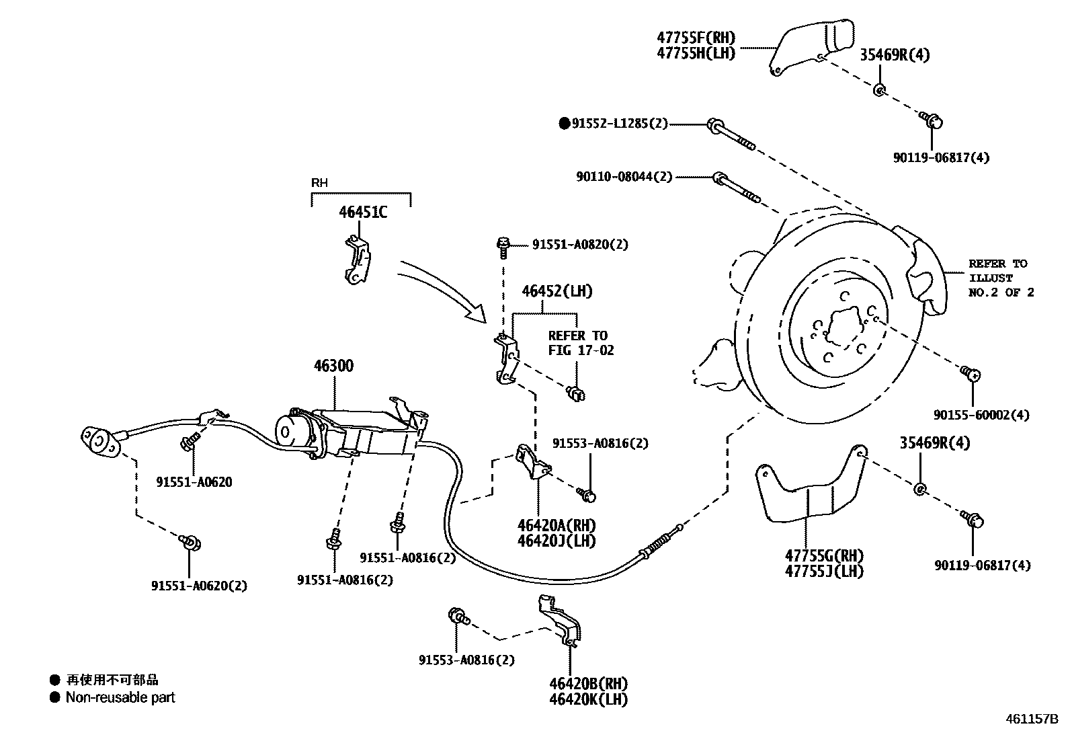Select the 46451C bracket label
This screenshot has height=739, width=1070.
tap(363, 212)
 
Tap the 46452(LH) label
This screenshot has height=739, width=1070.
tap(557, 292)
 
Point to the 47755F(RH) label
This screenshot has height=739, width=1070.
tap(696, 38)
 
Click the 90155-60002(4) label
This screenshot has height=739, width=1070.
tap(981, 416)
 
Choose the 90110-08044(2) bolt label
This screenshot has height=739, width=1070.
tap(624, 177)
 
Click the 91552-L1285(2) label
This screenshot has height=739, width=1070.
tap(620, 124)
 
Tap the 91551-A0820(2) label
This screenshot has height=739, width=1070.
tap(580, 245)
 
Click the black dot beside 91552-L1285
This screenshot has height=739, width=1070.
tap(565, 124)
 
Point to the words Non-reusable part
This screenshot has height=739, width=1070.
tap(120, 698)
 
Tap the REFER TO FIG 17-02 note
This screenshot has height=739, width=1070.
tap(581, 343)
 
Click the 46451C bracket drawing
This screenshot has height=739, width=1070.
tap(356, 259)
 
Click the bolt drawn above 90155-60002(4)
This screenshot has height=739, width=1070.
tap(970, 372)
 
